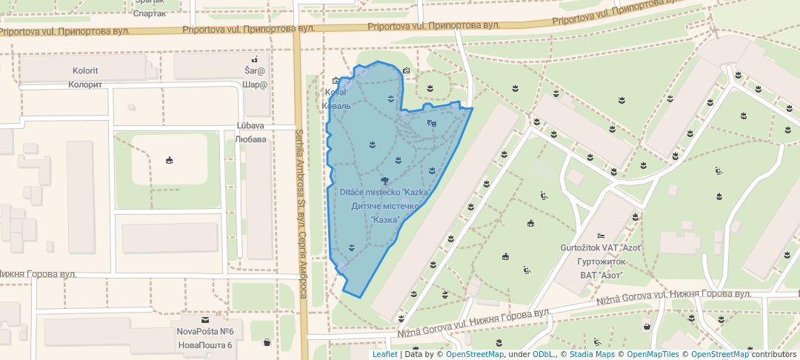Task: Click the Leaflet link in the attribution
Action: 384,354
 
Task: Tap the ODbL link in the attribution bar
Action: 542,354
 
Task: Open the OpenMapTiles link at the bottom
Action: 653,354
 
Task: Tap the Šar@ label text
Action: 255,71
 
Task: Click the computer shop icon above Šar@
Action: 255,59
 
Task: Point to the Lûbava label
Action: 250,126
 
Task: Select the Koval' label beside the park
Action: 336,93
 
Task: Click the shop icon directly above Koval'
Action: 336,81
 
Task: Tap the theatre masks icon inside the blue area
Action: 432,123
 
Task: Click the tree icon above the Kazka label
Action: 384,181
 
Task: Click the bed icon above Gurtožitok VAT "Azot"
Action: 601,235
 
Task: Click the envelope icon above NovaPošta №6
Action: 205,319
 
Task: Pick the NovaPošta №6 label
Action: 205,332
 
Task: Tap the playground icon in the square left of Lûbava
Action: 169,160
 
